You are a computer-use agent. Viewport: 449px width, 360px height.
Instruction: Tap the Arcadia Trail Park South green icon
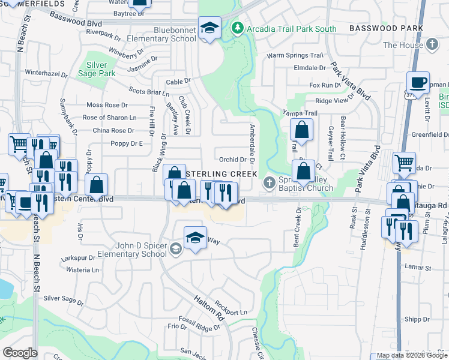point(238,27)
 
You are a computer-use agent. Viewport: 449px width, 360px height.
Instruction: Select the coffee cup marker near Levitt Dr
point(418,82)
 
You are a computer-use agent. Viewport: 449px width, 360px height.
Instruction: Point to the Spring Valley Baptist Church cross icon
point(270,181)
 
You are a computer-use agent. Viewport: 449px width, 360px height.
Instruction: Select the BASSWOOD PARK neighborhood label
point(386,28)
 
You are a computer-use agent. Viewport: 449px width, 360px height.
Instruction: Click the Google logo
point(20,353)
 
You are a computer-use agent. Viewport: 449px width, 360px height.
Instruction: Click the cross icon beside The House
point(432,44)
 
